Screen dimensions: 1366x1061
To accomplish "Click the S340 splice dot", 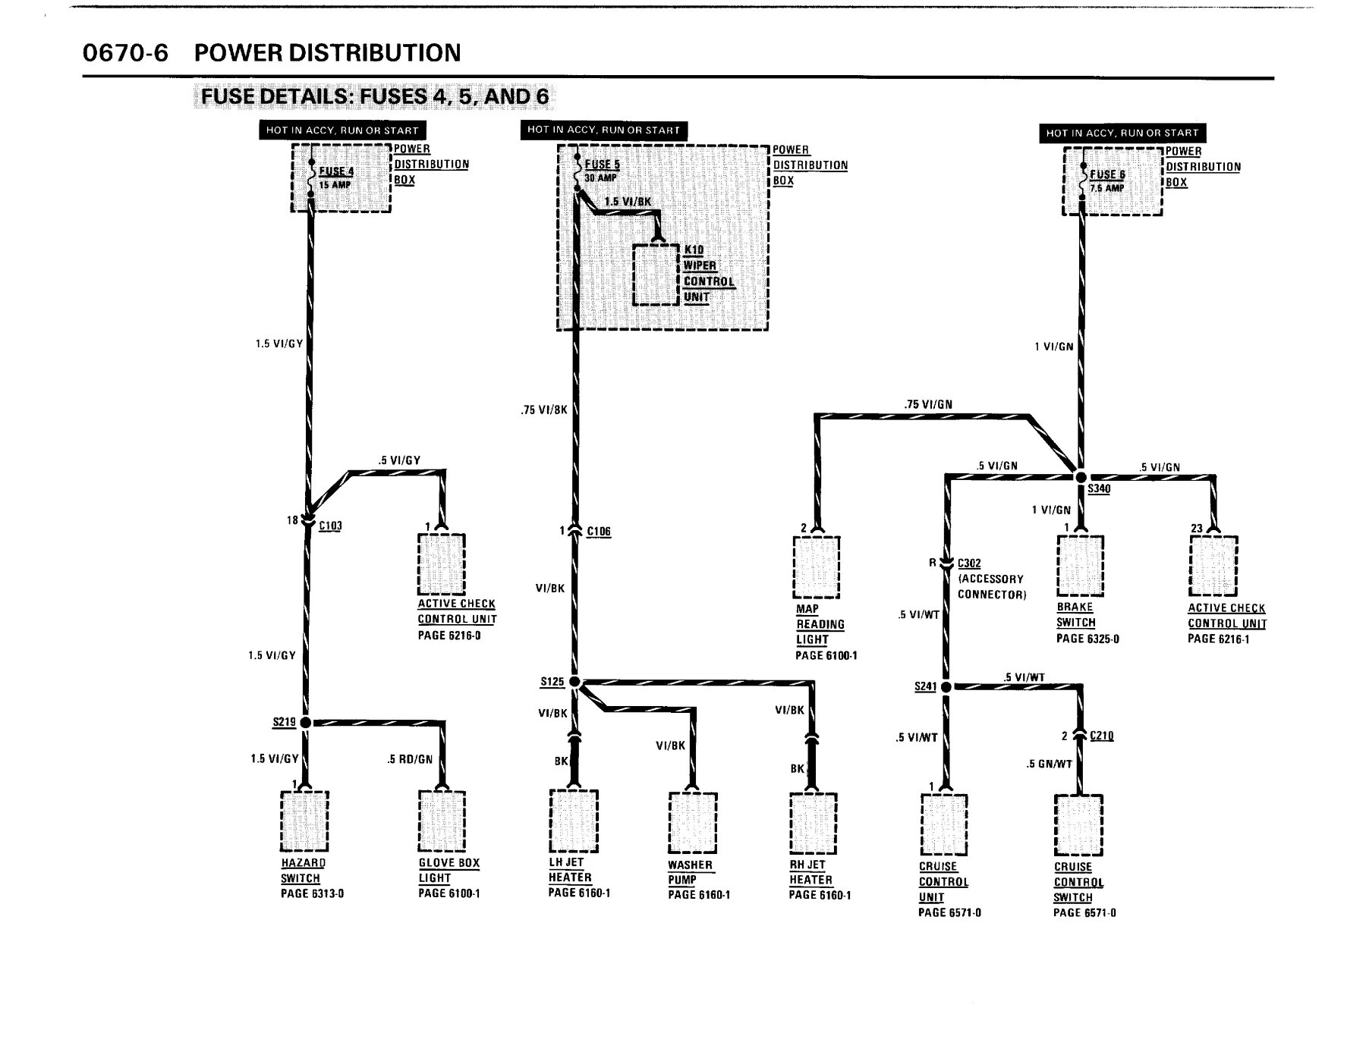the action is point(1081,476).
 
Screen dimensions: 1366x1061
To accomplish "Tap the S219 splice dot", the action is point(305,723).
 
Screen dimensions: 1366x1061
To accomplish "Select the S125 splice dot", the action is point(574,682).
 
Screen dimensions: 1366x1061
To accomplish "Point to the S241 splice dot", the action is point(946,687).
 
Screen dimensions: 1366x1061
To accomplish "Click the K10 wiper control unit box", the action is point(656,274).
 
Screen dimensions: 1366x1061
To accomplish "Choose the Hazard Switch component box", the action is point(304,821).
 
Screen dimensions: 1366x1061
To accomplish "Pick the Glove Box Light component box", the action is point(442,821).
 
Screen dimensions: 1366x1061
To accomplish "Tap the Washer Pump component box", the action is point(692,823).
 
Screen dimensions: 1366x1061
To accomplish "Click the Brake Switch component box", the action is point(1080,565).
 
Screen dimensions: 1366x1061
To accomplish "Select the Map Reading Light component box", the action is point(817,567).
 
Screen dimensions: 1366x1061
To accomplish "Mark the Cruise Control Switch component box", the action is point(1078,825).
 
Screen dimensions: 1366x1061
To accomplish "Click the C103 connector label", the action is point(330,525).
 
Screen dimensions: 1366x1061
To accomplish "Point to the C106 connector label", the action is point(599,531).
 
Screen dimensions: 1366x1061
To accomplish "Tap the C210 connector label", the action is point(1101,736).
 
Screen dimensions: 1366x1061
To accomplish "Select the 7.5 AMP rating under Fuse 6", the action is point(1107,187).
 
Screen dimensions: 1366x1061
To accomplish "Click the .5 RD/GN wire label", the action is point(410,758).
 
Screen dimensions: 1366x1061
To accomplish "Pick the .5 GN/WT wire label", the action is point(1050,764).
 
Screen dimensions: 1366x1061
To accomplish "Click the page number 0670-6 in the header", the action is point(125,53).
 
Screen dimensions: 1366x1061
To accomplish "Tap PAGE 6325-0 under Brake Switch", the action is point(1087,639).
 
